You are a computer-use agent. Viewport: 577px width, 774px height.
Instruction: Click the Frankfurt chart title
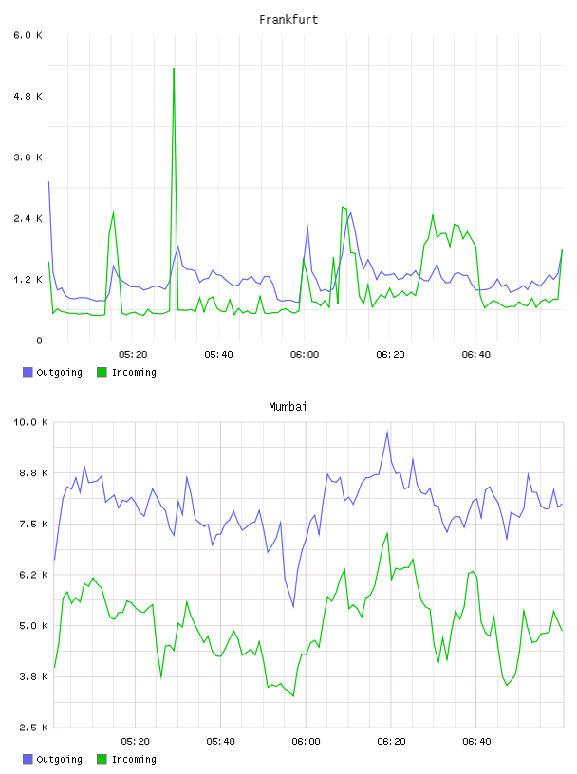click(x=288, y=19)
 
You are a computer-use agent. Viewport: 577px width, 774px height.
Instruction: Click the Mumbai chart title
click(x=288, y=406)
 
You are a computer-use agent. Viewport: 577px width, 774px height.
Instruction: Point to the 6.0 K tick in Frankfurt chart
click(x=28, y=35)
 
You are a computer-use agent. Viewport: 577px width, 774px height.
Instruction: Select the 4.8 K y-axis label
click(x=28, y=96)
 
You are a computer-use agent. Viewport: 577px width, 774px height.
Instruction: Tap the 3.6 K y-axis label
click(x=28, y=157)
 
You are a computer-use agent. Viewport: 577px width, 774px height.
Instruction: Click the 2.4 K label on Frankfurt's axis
click(x=28, y=219)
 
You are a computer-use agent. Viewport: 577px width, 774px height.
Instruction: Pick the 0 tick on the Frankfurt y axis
click(x=39, y=341)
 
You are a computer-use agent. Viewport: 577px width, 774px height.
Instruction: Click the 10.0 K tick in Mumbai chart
click(x=30, y=422)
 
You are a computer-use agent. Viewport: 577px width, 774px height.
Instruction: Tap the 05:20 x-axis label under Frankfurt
click(x=133, y=355)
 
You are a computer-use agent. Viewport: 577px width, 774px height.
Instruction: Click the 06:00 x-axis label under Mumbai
click(x=307, y=742)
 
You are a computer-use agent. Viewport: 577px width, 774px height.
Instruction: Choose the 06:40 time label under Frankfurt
click(x=476, y=355)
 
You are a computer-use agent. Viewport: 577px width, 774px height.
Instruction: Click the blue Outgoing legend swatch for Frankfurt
click(x=28, y=372)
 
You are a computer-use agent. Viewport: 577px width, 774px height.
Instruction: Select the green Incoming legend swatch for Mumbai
click(x=102, y=759)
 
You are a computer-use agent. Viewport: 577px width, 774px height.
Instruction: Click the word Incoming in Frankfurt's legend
click(x=134, y=372)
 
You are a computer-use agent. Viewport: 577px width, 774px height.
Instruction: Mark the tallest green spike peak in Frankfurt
click(x=174, y=69)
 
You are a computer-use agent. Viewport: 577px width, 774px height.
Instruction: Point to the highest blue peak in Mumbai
click(x=387, y=432)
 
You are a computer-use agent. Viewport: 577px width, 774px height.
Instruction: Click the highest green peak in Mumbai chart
click(x=387, y=533)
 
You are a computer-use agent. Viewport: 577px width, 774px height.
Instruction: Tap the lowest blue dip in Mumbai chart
click(x=293, y=607)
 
